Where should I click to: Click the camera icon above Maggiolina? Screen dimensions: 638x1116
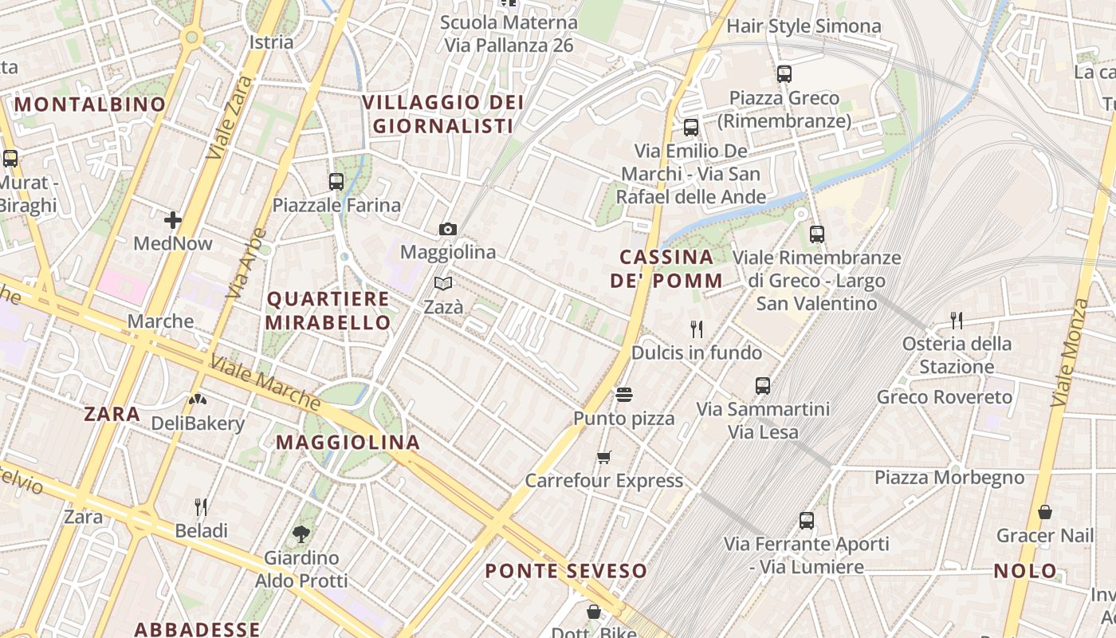[x=448, y=230]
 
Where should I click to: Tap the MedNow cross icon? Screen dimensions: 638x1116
[x=173, y=219]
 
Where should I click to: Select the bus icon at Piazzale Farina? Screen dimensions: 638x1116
[x=336, y=182]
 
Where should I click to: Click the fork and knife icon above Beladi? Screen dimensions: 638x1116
[x=201, y=506]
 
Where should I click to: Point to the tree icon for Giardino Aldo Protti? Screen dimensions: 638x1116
[x=301, y=534]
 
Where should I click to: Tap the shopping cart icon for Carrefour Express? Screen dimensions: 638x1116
[x=604, y=458]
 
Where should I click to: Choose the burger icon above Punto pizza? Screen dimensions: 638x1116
[x=623, y=395]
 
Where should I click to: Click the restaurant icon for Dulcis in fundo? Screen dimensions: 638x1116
[x=697, y=329]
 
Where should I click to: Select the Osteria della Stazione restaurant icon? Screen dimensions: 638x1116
[x=957, y=321]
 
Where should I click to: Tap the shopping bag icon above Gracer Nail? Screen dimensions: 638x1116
[x=1044, y=512]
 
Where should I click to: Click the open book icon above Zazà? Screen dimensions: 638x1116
[x=443, y=283]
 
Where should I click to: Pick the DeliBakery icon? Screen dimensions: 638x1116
[x=198, y=400]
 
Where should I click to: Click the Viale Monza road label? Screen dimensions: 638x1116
[x=1070, y=352]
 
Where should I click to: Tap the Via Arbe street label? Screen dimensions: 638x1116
[x=246, y=264]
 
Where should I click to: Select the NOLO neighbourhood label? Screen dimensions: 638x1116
[x=1025, y=571]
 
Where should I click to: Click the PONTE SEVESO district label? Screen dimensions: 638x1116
[x=566, y=571]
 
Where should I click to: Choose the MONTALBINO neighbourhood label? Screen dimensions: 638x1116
[x=90, y=104]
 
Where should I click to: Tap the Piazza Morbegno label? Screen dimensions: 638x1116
[x=949, y=478]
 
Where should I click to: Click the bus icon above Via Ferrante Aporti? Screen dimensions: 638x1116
[x=807, y=521]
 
